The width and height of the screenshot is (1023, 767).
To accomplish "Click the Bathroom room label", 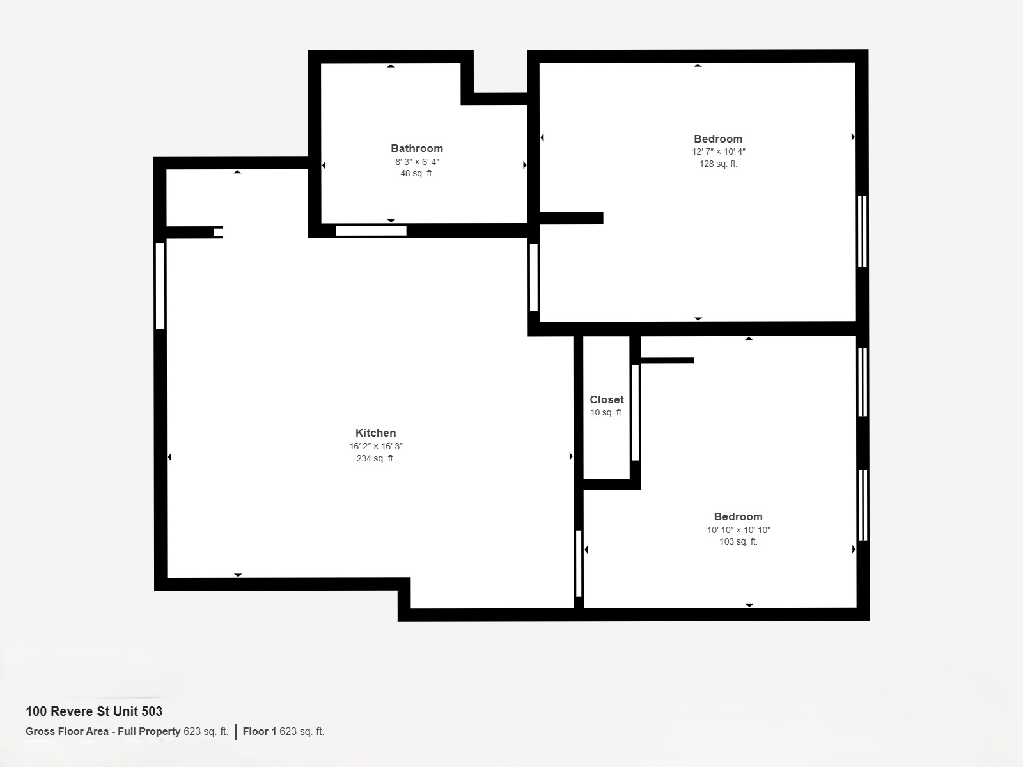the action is [417, 148].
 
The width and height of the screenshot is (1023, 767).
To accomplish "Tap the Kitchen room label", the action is [376, 433].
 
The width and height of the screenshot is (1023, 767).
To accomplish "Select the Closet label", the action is [606, 399].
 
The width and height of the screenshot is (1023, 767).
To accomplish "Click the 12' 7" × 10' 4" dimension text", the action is [718, 152].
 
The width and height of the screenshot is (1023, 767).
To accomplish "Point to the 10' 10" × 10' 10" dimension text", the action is [738, 530].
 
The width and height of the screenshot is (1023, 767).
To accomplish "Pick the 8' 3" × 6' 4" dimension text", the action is [417, 162].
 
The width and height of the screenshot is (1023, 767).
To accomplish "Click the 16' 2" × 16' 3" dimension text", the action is [376, 446].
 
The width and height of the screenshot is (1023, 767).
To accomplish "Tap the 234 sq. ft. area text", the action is [376, 459].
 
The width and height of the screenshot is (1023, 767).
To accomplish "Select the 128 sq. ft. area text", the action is [718, 164].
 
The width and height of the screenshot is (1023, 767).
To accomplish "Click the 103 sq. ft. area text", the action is [738, 541].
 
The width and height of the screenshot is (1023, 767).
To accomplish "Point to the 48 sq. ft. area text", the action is [417, 174].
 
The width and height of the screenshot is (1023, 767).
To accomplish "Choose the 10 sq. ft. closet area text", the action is [606, 413].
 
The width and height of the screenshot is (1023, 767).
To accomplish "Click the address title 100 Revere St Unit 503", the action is [94, 711].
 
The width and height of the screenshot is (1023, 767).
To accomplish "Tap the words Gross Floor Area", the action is [67, 732].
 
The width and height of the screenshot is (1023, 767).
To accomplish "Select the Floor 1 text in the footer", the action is [260, 732].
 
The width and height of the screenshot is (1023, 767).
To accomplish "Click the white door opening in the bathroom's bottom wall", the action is [371, 231].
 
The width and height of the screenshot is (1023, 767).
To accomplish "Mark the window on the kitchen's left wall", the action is [160, 286].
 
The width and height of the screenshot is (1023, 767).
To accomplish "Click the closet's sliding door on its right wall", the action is [635, 413].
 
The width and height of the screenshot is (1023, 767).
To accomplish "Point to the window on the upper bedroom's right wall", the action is [863, 231].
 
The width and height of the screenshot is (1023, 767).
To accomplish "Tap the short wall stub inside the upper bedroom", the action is [572, 218].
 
